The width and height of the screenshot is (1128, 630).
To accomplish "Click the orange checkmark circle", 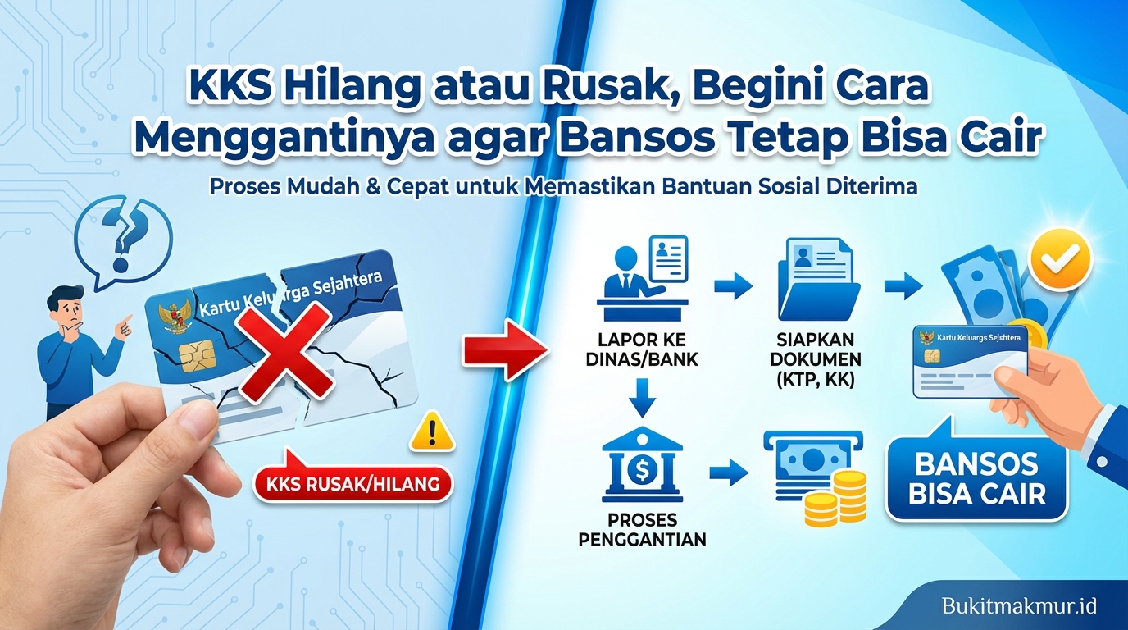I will click(x=1062, y=258).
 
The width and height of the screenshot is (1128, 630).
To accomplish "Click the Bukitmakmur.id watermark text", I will click(x=1018, y=606).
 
